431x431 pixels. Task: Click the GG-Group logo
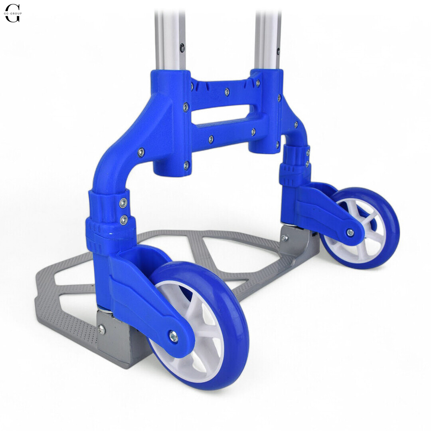pyautogui.click(x=13, y=13)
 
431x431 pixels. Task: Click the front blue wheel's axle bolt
pyautogui.click(x=174, y=336)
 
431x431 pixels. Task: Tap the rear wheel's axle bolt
pyautogui.click(x=350, y=233)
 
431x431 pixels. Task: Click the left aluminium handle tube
pyautogui.click(x=170, y=41)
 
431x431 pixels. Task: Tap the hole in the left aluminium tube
pyautogui.click(x=182, y=47)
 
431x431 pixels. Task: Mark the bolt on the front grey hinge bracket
pyautogui.click(x=101, y=329)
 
